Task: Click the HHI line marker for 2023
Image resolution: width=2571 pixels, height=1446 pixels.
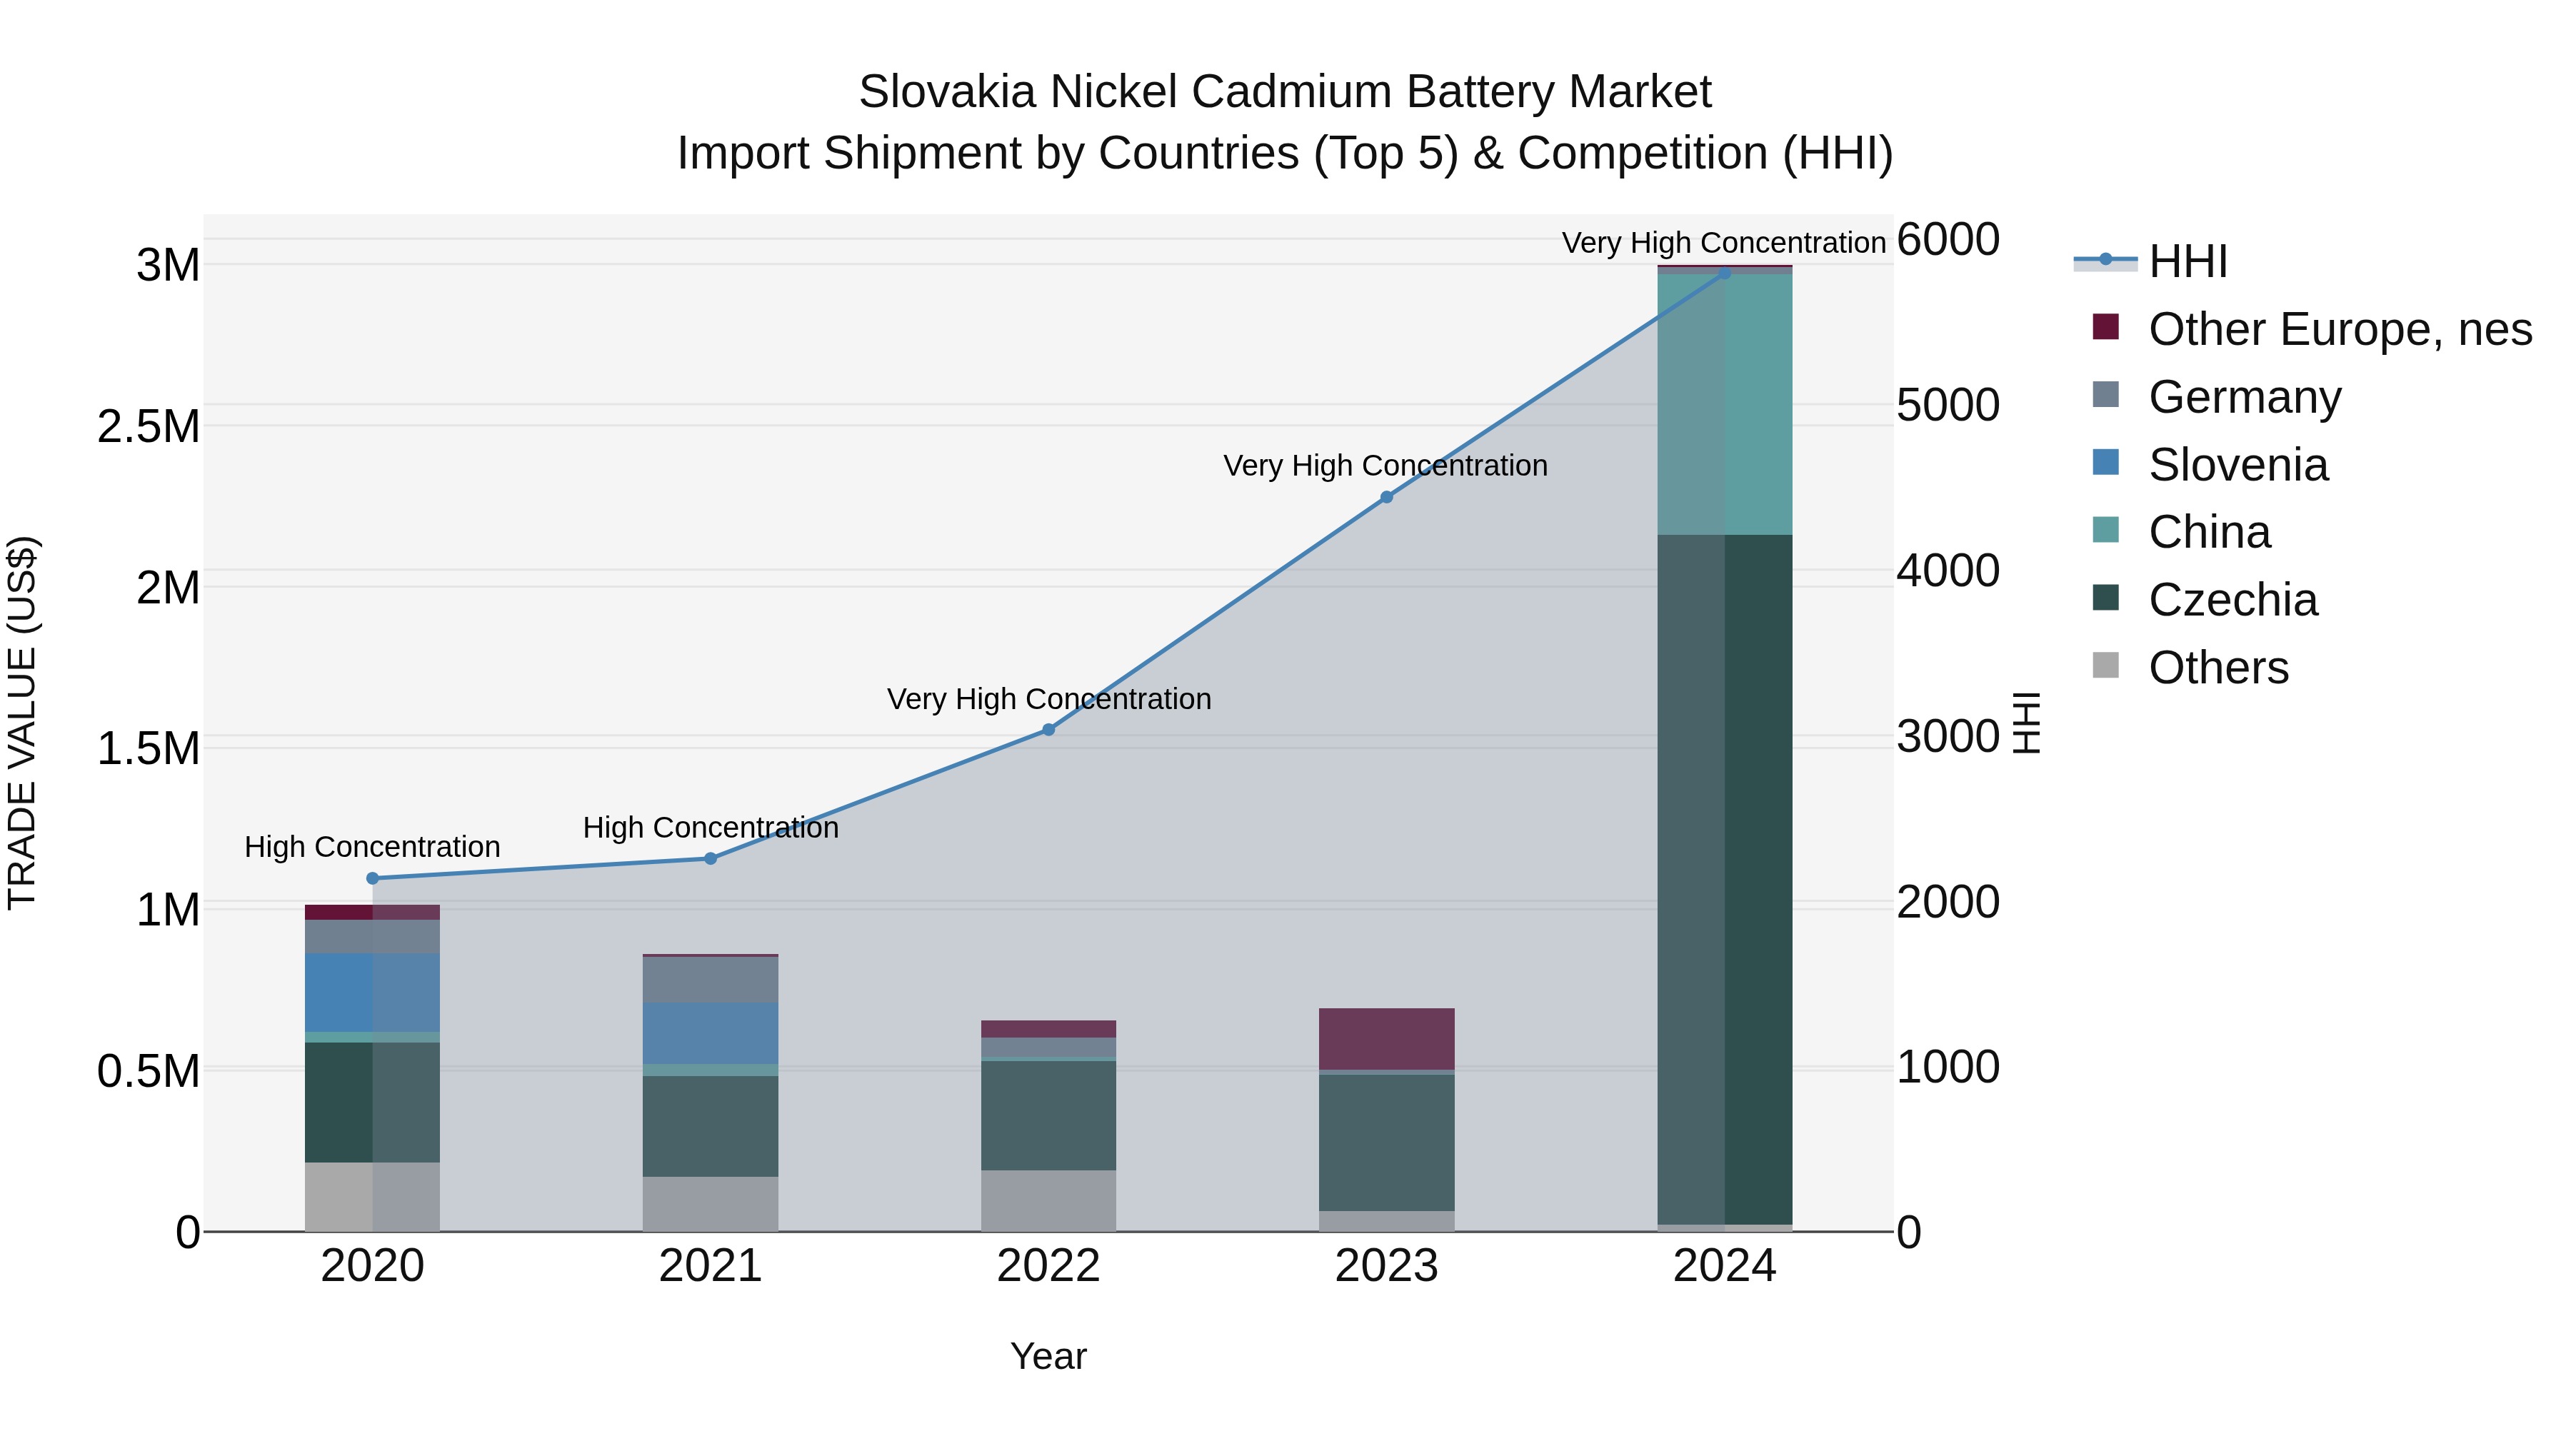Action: (x=1385, y=497)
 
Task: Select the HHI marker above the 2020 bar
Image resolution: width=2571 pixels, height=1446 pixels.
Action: (x=372, y=878)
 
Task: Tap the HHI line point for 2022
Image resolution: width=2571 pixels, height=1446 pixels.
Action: (x=1048, y=730)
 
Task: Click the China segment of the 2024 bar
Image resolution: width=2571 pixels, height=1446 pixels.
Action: (x=1725, y=404)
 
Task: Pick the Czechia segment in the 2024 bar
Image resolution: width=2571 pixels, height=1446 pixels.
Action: (x=1725, y=878)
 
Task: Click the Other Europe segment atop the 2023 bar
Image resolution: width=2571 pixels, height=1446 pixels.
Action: (x=1385, y=1039)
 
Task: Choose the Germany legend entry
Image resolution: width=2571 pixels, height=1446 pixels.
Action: (x=2244, y=397)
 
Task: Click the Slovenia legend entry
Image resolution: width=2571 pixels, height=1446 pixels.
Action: (x=2237, y=465)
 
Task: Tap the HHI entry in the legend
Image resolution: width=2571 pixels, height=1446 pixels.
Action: (x=2187, y=261)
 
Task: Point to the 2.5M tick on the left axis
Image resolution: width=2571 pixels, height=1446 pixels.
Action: (x=148, y=427)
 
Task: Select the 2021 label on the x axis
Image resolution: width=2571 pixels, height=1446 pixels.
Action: (x=710, y=1266)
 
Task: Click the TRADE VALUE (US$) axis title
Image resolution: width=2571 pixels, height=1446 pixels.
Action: (x=22, y=723)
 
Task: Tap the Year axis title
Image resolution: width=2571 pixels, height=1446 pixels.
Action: (x=1048, y=1356)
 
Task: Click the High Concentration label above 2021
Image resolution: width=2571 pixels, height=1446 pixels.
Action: (x=710, y=828)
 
